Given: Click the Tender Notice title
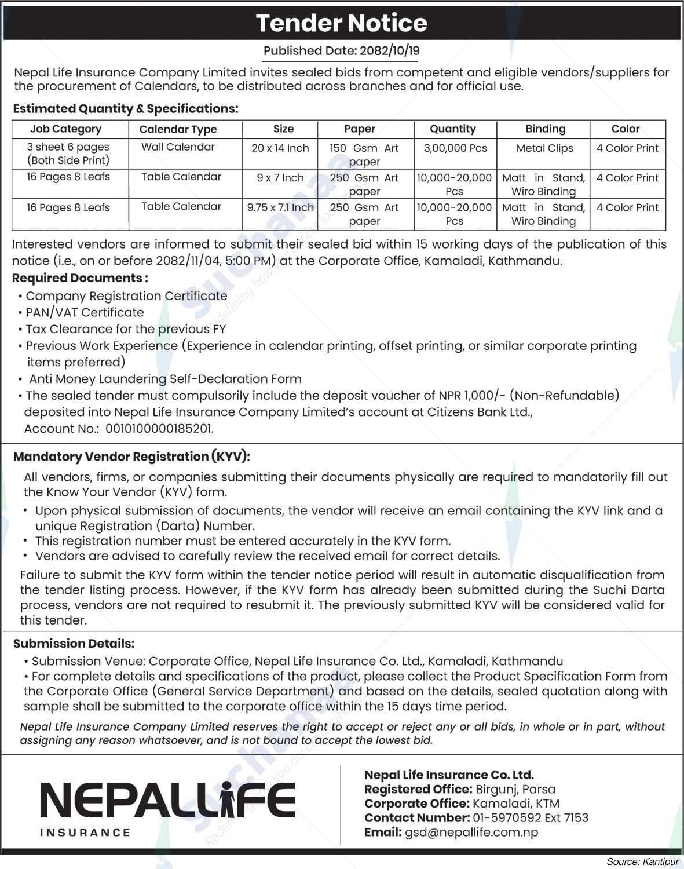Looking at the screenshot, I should click(342, 23).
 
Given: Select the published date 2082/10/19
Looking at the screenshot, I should click(389, 51).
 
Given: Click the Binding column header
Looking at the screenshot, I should click(545, 129).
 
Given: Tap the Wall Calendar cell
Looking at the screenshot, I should click(178, 147).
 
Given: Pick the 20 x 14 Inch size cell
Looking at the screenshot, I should click(280, 148).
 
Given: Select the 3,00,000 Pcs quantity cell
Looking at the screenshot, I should click(455, 148).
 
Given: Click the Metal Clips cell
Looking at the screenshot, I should click(544, 148).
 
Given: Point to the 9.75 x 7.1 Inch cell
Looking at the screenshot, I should click(280, 207).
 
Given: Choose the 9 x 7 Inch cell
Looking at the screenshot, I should click(280, 178).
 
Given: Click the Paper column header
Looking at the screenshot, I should click(360, 129).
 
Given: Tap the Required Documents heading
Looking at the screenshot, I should click(80, 278).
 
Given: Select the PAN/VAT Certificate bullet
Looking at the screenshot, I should click(85, 312).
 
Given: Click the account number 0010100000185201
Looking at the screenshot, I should click(156, 429).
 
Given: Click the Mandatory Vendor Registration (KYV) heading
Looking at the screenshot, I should click(131, 457).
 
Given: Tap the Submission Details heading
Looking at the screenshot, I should click(74, 644).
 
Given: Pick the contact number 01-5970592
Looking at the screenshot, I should click(507, 818).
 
